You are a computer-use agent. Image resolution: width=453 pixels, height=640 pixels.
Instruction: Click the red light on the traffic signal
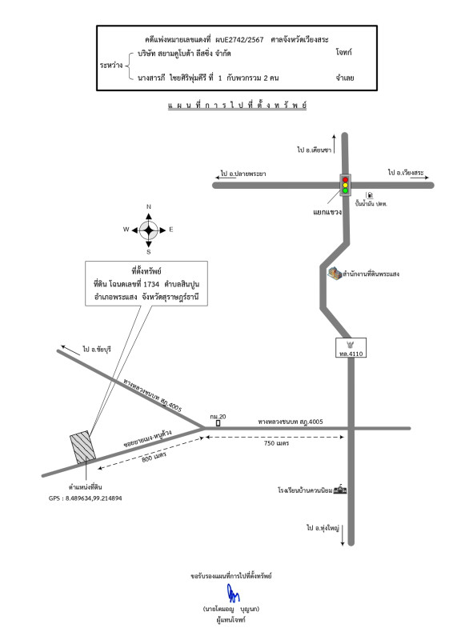[x=345, y=179]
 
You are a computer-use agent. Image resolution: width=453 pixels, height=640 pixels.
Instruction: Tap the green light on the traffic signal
[x=345, y=190]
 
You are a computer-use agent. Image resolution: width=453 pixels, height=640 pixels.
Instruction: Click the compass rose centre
[x=149, y=230]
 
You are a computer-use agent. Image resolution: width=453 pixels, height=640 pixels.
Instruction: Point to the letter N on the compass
[x=149, y=206]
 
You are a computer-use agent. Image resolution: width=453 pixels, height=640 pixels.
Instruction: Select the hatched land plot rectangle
[x=83, y=447]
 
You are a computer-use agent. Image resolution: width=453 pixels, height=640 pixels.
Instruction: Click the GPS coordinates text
[x=85, y=498]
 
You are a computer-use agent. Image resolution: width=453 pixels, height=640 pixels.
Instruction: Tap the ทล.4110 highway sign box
[x=351, y=348]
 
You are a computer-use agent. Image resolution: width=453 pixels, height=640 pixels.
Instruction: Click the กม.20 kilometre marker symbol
[x=218, y=423]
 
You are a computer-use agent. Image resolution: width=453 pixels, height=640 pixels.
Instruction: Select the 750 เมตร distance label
[x=276, y=443]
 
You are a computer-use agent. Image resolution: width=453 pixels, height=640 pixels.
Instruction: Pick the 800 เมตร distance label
[x=154, y=457]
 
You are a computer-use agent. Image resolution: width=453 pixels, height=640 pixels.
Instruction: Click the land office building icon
[x=335, y=274]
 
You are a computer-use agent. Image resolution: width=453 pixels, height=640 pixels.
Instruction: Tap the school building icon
[x=340, y=489]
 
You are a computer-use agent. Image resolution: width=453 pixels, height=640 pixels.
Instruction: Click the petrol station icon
[x=370, y=195]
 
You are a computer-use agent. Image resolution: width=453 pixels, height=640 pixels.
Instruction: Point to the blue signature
[x=233, y=593]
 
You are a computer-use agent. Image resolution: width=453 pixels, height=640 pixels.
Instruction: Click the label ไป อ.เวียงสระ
[x=406, y=173]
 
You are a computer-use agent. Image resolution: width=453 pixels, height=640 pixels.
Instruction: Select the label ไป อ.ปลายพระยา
[x=243, y=174]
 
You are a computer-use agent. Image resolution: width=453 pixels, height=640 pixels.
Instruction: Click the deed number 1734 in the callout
[x=151, y=284]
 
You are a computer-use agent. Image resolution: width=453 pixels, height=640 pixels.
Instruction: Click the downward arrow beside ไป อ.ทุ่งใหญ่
[x=343, y=535]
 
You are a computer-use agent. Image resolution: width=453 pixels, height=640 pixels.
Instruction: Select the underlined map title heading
[x=237, y=106]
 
